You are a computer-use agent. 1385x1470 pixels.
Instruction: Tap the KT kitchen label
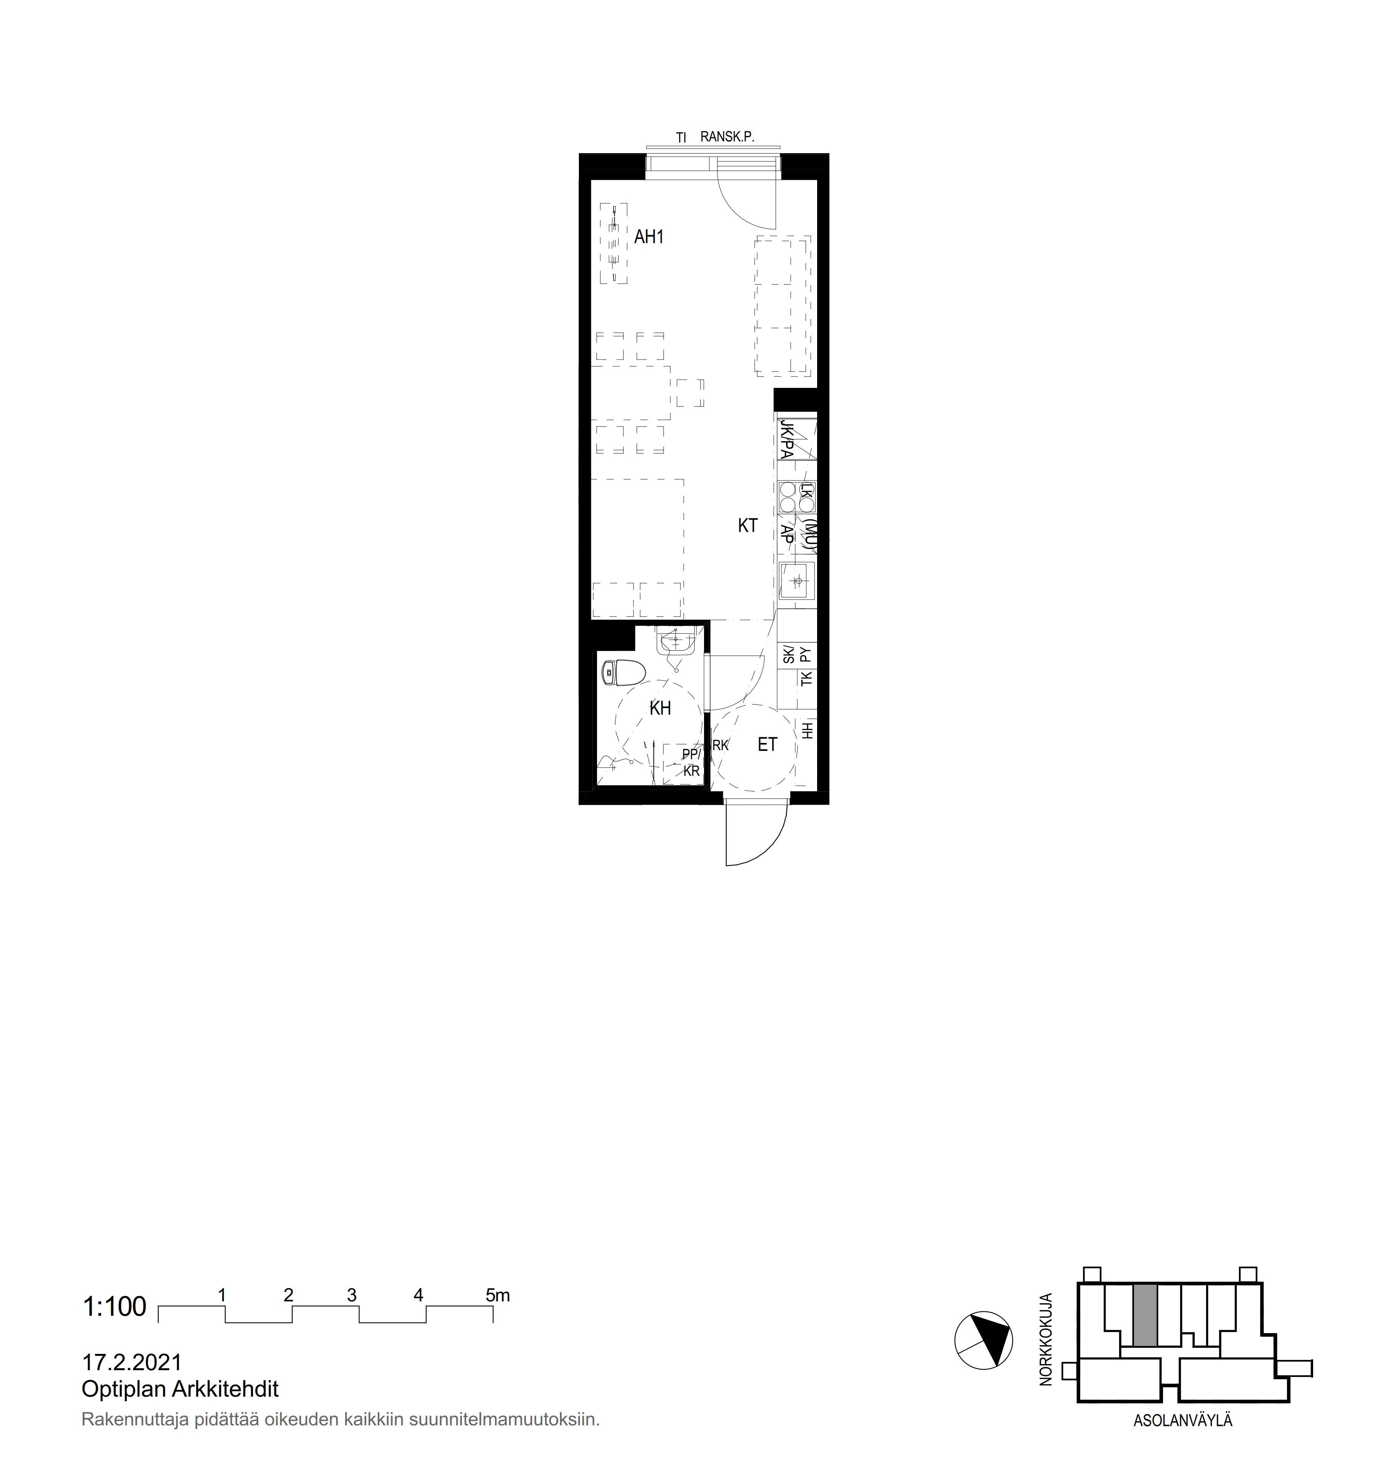(748, 526)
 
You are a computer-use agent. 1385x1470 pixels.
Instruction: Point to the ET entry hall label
(768, 744)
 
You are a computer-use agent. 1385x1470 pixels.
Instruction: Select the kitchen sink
(797, 581)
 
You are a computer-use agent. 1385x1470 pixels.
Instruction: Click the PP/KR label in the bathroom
(691, 762)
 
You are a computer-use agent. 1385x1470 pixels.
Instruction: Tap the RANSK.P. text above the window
(727, 137)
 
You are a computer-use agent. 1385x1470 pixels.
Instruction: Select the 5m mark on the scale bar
(498, 1295)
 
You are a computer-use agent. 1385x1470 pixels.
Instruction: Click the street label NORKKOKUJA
(1045, 1339)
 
